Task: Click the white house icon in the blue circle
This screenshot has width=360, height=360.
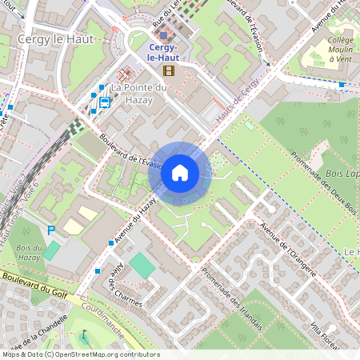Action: pos(179,172)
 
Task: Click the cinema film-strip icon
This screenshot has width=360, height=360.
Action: pos(168,70)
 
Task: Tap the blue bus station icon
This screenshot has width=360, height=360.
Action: pos(105,102)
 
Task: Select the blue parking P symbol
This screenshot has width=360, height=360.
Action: pos(51,230)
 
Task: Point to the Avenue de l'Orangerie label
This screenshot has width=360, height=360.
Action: pos(288,248)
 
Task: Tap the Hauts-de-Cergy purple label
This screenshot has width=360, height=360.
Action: pos(238,102)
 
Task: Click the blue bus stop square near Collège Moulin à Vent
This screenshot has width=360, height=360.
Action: pos(342,84)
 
